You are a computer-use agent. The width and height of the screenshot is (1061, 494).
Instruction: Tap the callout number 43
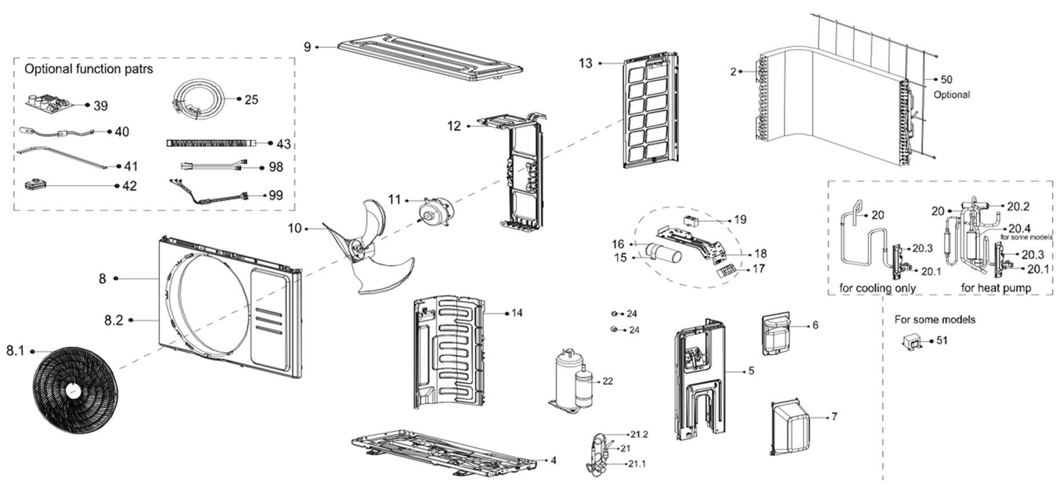pos(284,144)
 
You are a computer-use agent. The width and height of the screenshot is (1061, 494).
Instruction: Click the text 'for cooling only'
pos(877,288)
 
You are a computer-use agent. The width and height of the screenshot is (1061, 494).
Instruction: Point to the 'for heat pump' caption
pos(996,288)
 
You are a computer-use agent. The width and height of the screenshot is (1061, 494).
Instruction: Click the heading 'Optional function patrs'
pos(89,69)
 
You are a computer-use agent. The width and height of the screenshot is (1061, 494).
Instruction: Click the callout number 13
pos(585,63)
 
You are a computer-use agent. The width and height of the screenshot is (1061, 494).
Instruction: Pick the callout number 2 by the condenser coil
pos(733,71)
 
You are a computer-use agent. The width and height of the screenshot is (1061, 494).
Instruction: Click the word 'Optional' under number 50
pos(951,95)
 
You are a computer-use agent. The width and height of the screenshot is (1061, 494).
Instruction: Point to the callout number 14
pos(517,313)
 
